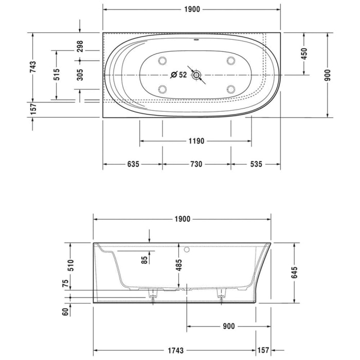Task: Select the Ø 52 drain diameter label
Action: tap(179, 75)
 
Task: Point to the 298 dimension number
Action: tap(80, 47)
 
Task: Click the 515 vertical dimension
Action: tap(57, 75)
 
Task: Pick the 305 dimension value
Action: tap(80, 75)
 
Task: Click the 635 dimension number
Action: tap(133, 165)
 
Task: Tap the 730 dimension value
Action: tap(196, 165)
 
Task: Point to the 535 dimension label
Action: tap(256, 165)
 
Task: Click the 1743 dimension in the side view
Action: tap(176, 351)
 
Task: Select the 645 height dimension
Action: tap(295, 273)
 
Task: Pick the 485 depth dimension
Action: tap(179, 264)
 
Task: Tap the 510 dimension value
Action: tap(72, 265)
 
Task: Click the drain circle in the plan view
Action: tap(196, 76)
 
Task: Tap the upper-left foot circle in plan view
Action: tap(163, 61)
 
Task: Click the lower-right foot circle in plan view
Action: tap(230, 89)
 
